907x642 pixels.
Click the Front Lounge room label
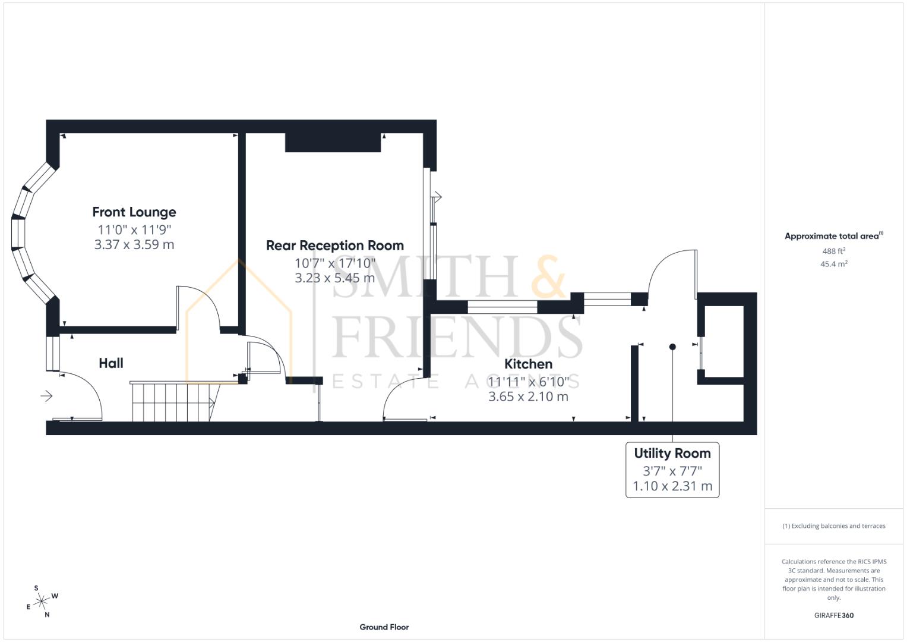pyautogui.click(x=134, y=212)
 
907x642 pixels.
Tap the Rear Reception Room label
pyautogui.click(x=334, y=246)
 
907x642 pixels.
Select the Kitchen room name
pyautogui.click(x=528, y=364)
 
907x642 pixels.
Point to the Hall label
pyautogui.click(x=111, y=363)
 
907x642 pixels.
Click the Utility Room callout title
pyautogui.click(x=672, y=454)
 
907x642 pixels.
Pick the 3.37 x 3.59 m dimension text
pyautogui.click(x=134, y=244)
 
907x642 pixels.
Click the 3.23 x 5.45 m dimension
pyautogui.click(x=334, y=278)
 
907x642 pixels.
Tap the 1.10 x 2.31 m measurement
pyautogui.click(x=672, y=486)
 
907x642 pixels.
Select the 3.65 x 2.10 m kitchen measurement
pyautogui.click(x=528, y=396)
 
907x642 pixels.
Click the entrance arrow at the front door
pyautogui.click(x=46, y=396)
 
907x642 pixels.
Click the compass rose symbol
pyautogui.click(x=42, y=602)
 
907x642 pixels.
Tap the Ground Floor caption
pyautogui.click(x=384, y=627)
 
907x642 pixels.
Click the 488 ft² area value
pyautogui.click(x=833, y=251)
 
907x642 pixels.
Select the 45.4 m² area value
pyautogui.click(x=833, y=264)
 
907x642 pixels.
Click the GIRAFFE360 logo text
pyautogui.click(x=833, y=615)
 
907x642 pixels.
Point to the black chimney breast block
pyautogui.click(x=332, y=143)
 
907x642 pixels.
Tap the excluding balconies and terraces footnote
pyautogui.click(x=833, y=526)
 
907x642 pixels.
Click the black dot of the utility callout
pyautogui.click(x=672, y=347)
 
